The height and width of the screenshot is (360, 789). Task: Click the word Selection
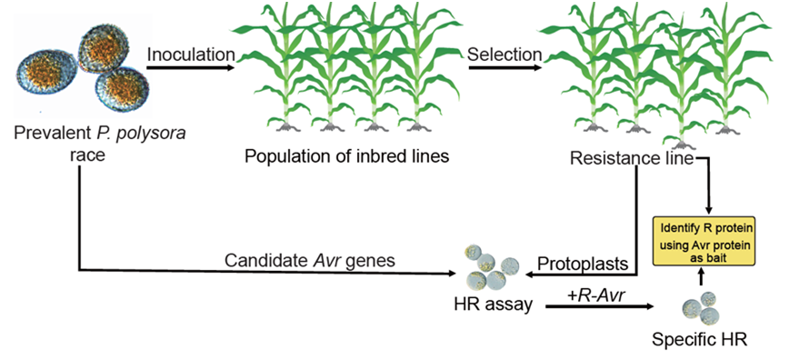pyautogui.click(x=504, y=55)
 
